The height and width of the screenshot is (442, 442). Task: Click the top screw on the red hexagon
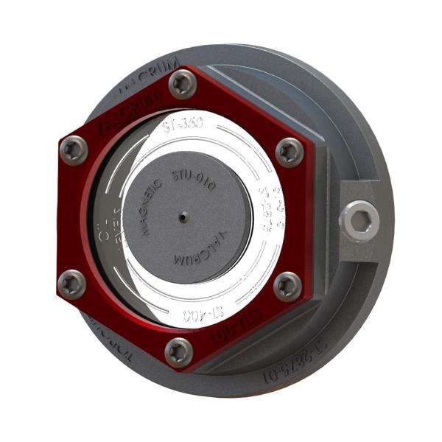[x=183, y=84]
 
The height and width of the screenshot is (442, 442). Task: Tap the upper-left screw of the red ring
[x=74, y=150]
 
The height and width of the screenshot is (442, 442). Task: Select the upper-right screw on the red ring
[x=290, y=152]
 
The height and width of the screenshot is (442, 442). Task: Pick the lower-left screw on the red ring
[x=71, y=283]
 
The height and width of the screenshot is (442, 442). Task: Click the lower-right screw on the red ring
[x=287, y=286]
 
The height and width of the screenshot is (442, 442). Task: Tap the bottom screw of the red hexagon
[x=179, y=351]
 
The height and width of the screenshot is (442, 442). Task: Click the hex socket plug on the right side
[x=359, y=220]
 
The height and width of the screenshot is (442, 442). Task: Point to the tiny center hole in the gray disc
[x=183, y=217]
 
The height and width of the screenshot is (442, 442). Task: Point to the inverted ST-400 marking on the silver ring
[x=203, y=315]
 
